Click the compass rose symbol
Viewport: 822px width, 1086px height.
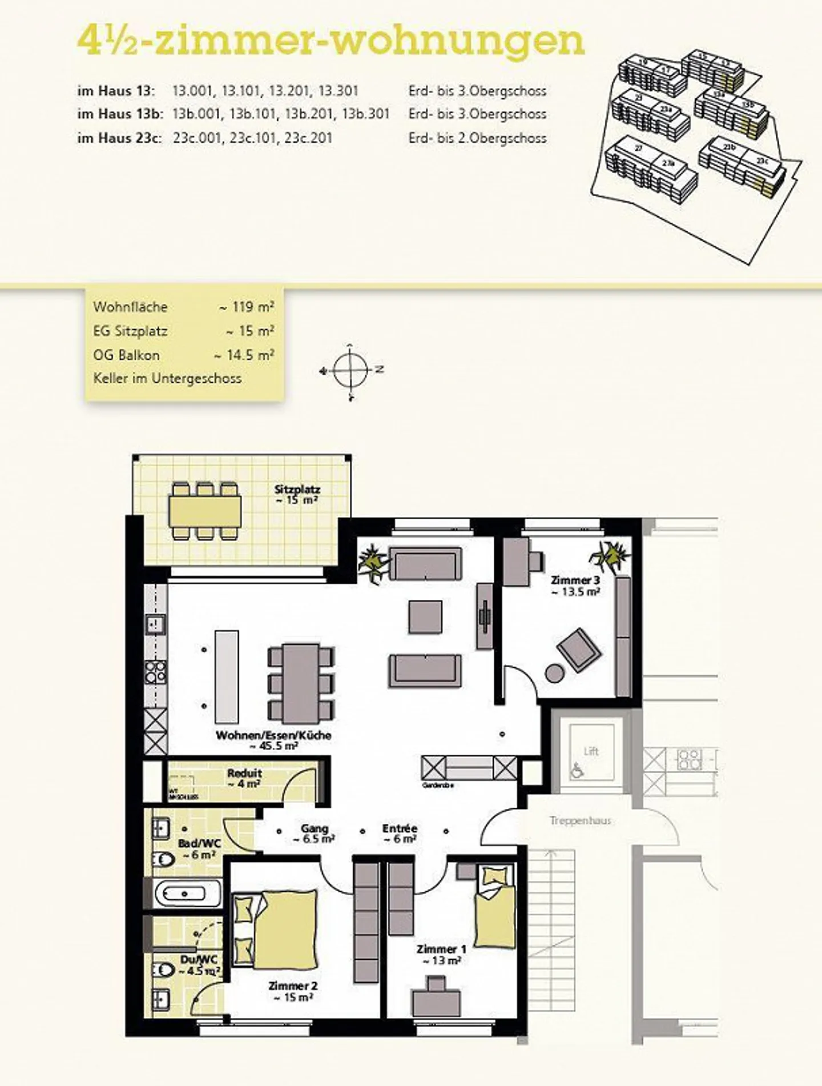coord(350,371)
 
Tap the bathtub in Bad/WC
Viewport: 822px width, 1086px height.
coord(187,893)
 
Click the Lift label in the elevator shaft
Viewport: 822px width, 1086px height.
coord(591,751)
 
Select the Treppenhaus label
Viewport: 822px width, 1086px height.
coord(580,820)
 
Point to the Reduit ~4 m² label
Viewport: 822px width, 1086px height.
coord(244,778)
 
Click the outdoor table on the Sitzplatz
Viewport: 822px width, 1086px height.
coord(205,511)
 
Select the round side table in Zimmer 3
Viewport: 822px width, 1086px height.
coord(555,673)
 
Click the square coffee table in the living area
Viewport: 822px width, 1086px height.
coord(425,617)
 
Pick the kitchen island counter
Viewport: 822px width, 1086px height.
coord(227,677)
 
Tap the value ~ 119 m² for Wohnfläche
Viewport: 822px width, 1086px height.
coord(247,307)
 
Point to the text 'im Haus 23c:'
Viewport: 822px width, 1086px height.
coord(119,138)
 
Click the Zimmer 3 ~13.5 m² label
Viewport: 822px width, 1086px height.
coord(575,586)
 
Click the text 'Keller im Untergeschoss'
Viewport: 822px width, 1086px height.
coord(167,378)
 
